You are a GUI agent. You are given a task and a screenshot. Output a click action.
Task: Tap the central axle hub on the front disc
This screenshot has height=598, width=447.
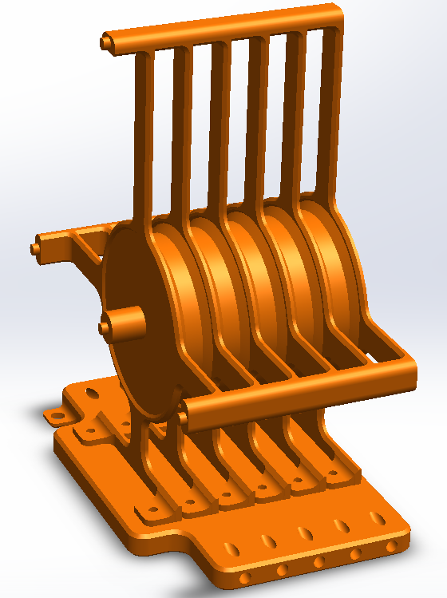click(107, 325)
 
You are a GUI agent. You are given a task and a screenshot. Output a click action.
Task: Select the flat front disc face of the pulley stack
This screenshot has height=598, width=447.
click(136, 351)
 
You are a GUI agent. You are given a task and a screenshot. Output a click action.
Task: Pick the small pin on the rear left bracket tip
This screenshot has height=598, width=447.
click(36, 248)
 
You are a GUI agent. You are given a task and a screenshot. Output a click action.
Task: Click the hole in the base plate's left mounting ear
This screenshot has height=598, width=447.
click(56, 416)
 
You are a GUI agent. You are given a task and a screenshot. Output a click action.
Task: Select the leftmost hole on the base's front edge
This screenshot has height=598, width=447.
click(245, 577)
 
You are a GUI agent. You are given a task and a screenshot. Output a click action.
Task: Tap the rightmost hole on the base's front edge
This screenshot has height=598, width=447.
click(390, 547)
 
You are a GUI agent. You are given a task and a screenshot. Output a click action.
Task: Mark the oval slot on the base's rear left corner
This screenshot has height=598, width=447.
click(93, 393)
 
